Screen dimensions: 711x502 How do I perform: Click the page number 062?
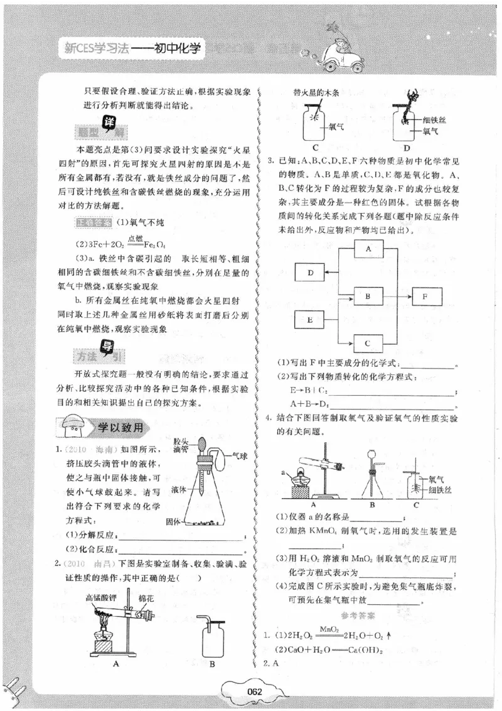(x=254, y=692)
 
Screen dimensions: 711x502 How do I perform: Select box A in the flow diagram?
(x=369, y=249)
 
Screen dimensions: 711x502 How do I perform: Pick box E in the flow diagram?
(x=311, y=320)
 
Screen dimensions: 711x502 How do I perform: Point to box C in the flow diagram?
(x=369, y=343)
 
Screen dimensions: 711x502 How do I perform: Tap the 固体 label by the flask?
(x=173, y=521)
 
